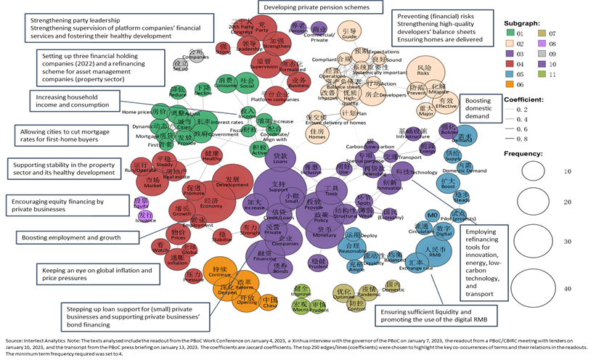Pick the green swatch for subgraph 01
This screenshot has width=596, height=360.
coord(510,33)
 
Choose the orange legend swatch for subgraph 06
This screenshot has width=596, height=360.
coord(510,83)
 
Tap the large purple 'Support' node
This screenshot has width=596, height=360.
coord(277,190)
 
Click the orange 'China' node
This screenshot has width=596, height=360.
coord(269,300)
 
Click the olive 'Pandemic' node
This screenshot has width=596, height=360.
coord(368,294)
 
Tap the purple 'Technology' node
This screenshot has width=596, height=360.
coord(406,172)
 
